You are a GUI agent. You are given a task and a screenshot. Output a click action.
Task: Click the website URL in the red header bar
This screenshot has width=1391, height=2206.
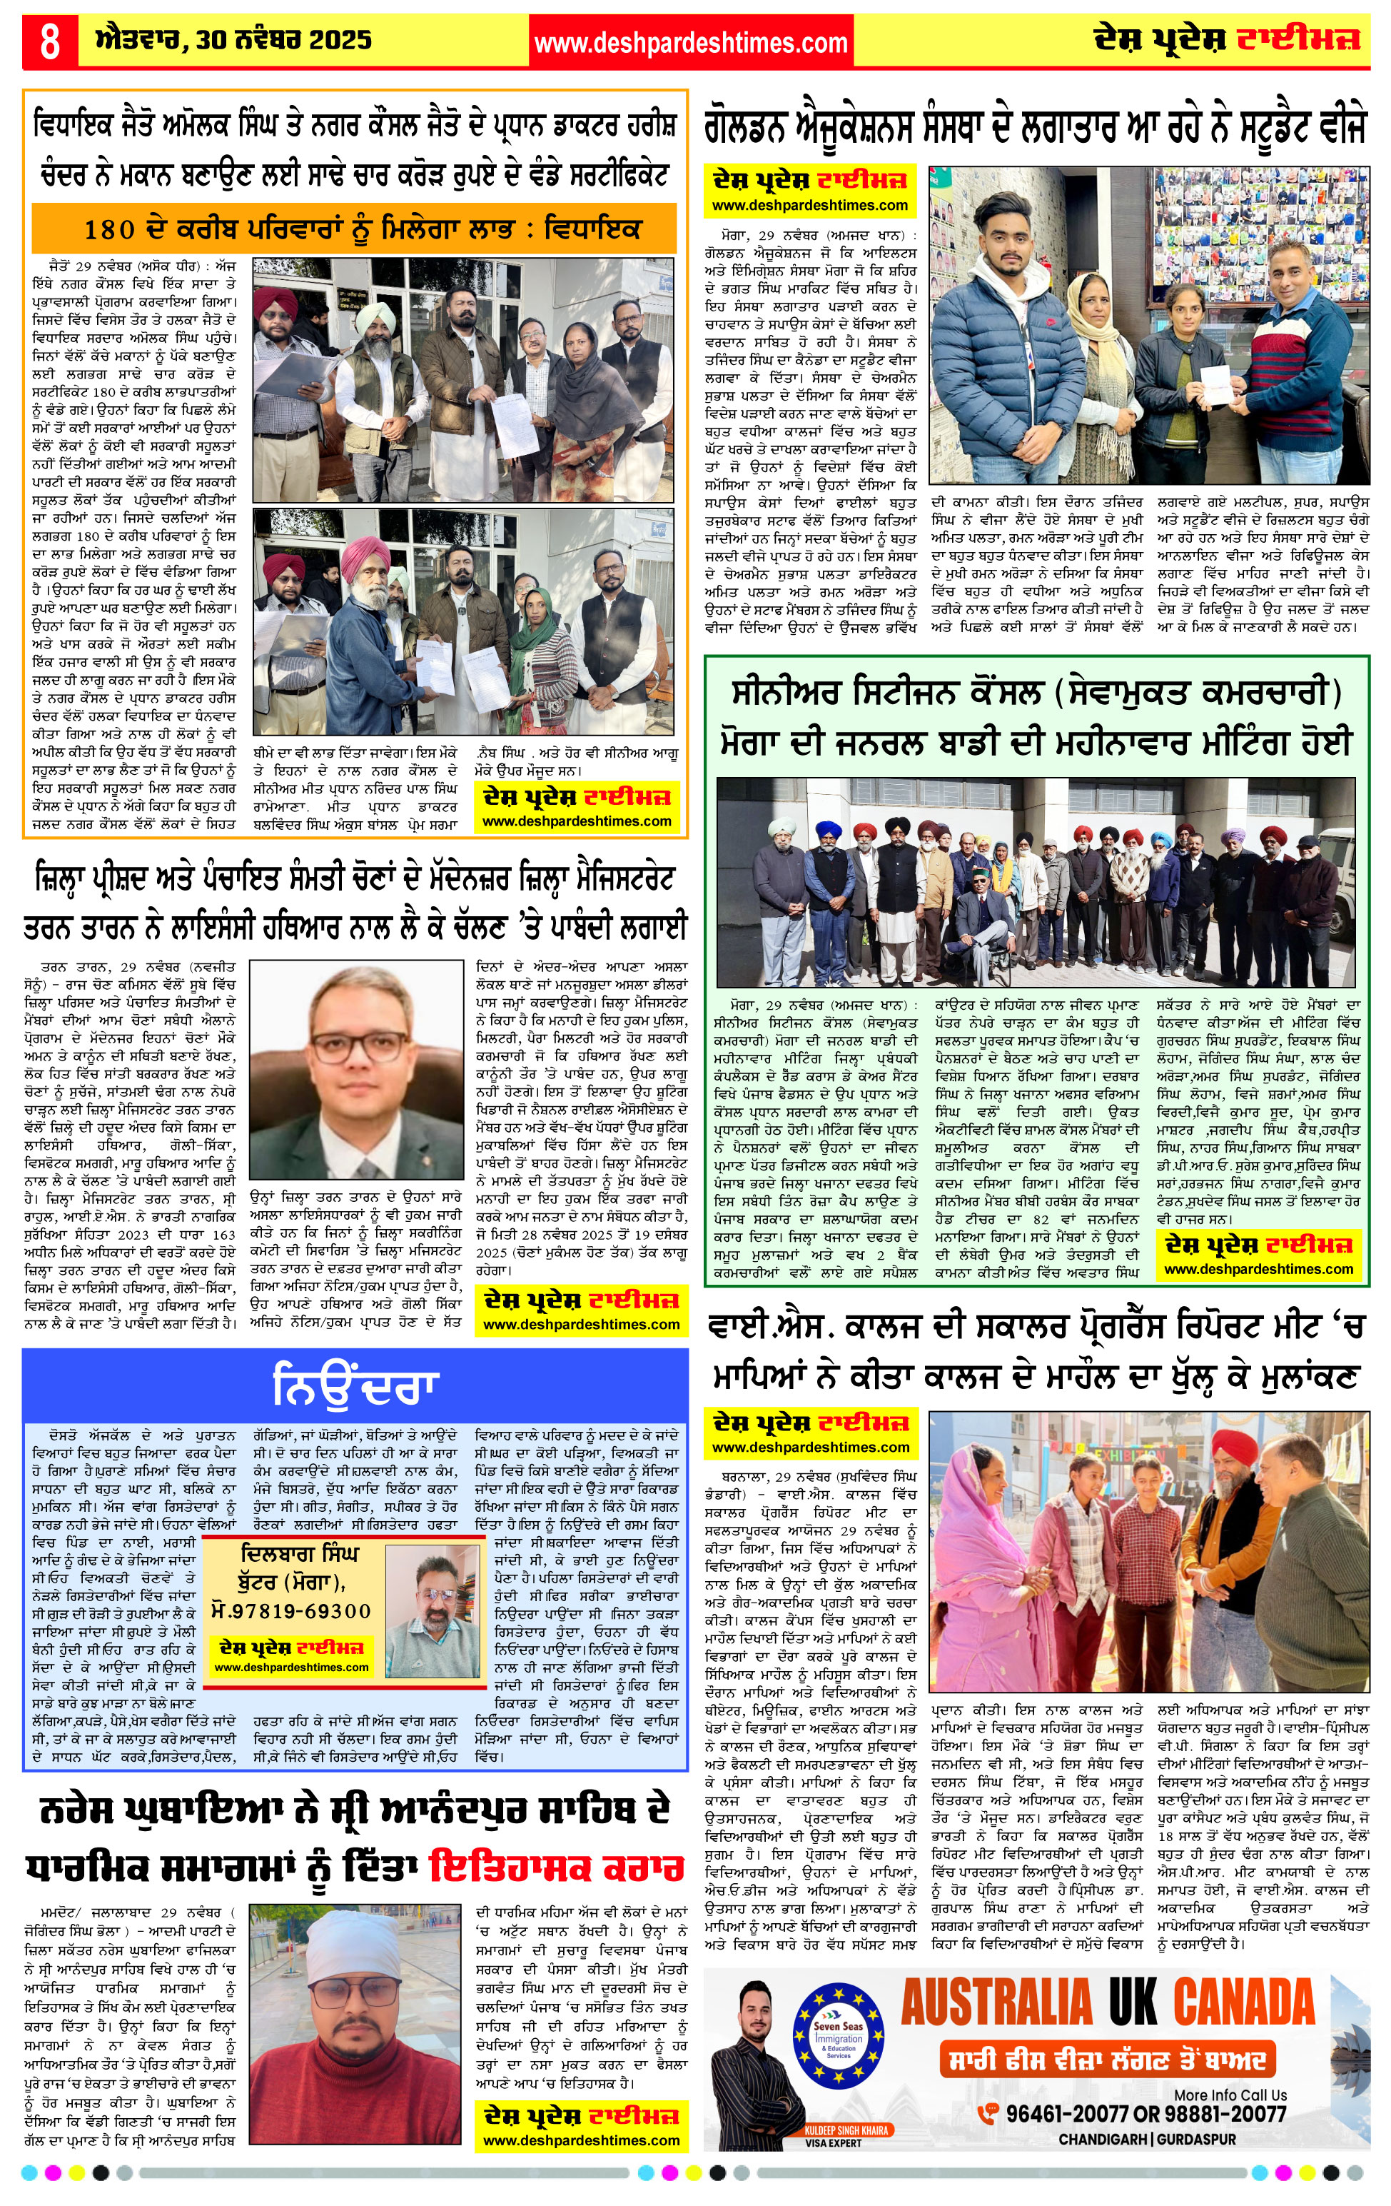pos(690,43)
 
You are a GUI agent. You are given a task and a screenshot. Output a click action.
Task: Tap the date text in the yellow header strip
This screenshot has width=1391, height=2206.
pos(233,40)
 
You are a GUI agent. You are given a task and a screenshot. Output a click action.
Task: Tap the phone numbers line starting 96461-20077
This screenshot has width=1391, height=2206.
pos(1145,2113)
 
